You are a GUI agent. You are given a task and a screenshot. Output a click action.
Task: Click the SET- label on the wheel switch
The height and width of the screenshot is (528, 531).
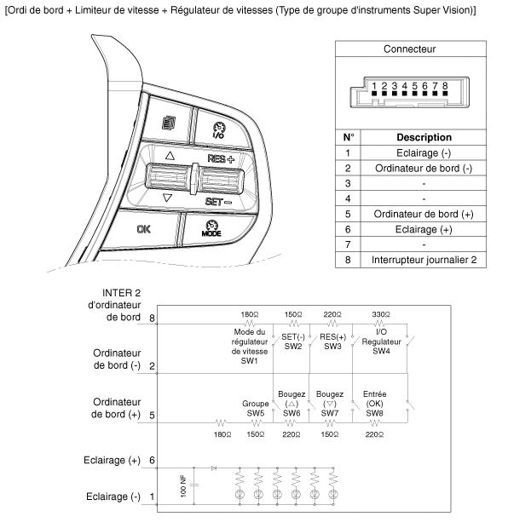point(220,202)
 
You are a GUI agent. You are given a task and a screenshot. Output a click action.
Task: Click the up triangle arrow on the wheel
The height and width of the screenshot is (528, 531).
point(170,157)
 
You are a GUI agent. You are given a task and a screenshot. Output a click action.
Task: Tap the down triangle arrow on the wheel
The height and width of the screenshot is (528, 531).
point(168,198)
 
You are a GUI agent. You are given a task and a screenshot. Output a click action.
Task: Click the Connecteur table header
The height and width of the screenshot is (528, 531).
point(410,49)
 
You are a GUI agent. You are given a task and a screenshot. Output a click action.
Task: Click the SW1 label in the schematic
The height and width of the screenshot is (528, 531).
point(250,361)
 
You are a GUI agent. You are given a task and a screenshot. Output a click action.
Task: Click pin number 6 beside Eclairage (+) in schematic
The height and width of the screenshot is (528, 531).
point(152,461)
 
